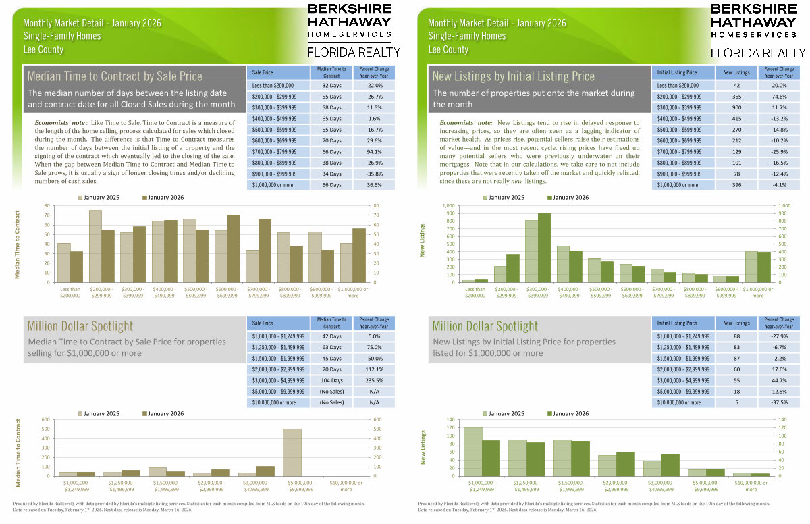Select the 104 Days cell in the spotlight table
click(x=331, y=381)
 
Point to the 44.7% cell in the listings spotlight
click(x=774, y=381)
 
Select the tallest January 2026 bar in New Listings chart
click(x=543, y=247)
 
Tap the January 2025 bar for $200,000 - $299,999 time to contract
click(x=95, y=241)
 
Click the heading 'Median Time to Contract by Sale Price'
click(x=115, y=76)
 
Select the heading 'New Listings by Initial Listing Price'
click(x=514, y=76)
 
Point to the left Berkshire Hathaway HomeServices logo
click(x=349, y=30)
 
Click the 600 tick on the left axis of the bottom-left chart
click(x=46, y=419)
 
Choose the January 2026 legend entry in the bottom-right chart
click(x=568, y=413)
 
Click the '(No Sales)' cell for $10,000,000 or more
click(x=331, y=403)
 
